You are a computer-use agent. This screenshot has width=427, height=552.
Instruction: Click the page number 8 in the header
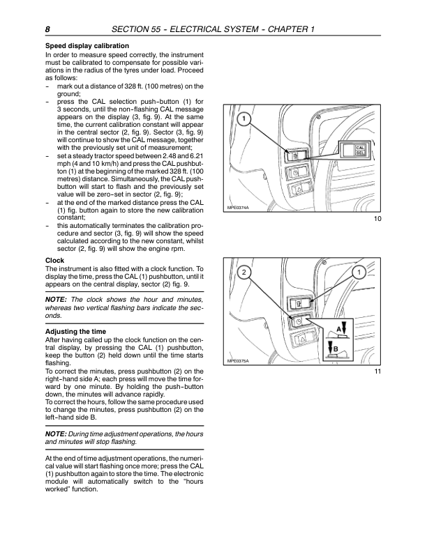click(47, 29)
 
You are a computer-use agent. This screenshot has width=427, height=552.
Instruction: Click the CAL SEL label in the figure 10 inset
click(361, 151)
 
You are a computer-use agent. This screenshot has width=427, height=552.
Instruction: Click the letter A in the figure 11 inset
click(339, 328)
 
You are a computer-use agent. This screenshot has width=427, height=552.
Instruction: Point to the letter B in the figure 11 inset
click(336, 348)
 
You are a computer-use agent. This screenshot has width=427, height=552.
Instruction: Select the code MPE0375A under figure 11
click(239, 360)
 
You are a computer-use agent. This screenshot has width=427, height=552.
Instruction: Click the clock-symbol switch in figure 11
click(297, 322)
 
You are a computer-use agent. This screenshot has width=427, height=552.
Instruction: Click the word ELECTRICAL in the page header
click(225, 29)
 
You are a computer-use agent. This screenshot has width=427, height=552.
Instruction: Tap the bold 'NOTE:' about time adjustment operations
click(59, 434)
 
